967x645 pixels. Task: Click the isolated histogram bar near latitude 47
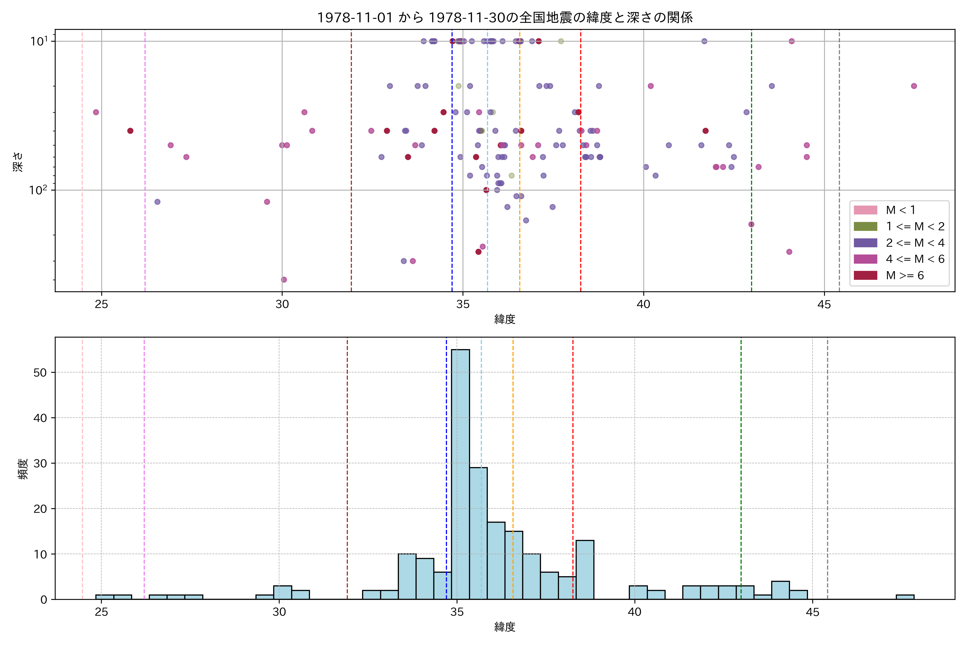click(905, 597)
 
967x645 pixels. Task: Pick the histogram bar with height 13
click(585, 570)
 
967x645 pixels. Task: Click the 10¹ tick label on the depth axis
click(39, 41)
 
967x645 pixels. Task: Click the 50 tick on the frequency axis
click(40, 372)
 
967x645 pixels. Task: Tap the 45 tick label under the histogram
click(812, 612)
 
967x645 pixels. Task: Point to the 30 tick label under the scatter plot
click(282, 304)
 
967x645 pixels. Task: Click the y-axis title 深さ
click(19, 161)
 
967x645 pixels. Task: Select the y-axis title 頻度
click(23, 469)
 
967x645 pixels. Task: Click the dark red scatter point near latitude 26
click(130, 131)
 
